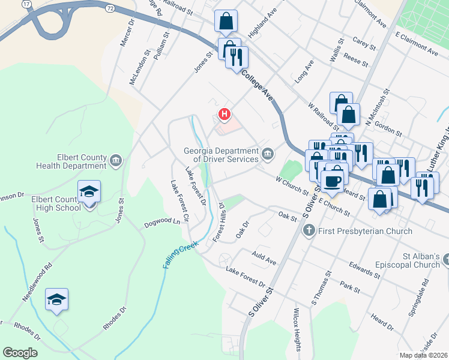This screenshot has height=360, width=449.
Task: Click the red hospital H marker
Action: pos(224,113)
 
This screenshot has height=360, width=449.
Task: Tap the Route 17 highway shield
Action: pos(26,4)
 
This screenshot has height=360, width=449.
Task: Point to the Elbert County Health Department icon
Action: pos(115,161)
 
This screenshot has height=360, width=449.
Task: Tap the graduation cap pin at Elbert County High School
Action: pos(89,192)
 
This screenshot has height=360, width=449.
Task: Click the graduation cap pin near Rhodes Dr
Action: pos(56,299)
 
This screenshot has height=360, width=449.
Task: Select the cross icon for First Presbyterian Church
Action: pos(309,230)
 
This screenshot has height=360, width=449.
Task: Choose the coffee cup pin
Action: pos(333,180)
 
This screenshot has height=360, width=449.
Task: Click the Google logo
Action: pos(20,353)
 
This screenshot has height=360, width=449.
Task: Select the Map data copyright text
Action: pos(423,355)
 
